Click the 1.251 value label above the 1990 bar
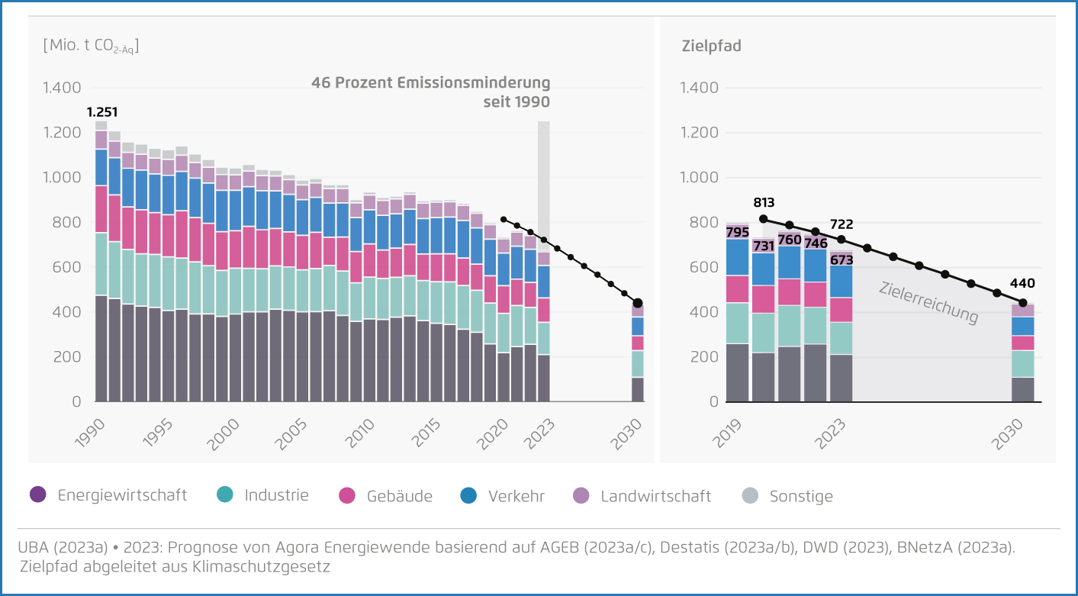point(102,112)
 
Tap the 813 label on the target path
point(764,202)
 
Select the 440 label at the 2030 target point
point(1023,284)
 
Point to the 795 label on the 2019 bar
point(738,232)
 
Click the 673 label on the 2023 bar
point(841,259)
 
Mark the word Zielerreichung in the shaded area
point(928,302)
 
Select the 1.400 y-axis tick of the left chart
point(62,88)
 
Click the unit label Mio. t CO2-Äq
point(91,46)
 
